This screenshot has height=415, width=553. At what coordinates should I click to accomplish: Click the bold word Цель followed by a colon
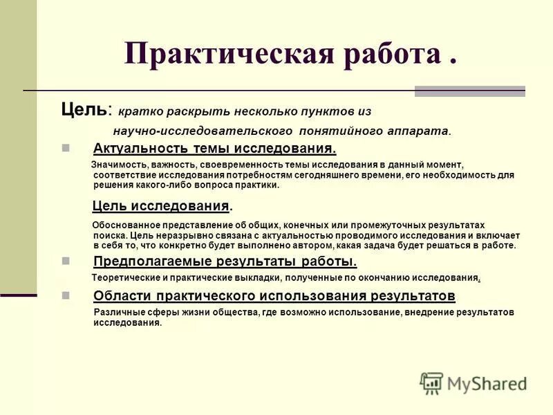point(83,109)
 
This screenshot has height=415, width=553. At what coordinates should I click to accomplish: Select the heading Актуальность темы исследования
point(214,149)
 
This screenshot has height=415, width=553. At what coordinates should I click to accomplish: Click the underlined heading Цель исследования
point(160,205)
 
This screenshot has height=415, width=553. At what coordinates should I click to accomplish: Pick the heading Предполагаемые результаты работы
point(225,261)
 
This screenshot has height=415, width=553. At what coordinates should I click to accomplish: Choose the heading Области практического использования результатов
point(274,296)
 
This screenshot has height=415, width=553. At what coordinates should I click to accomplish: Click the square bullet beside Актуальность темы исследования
point(66,149)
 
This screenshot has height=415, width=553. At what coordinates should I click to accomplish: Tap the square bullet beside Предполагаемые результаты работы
point(66,261)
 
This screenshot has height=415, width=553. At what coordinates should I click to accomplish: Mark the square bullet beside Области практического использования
point(66,296)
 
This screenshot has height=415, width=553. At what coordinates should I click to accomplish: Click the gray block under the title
point(469,91)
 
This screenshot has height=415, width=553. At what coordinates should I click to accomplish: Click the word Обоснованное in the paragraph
point(125,225)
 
